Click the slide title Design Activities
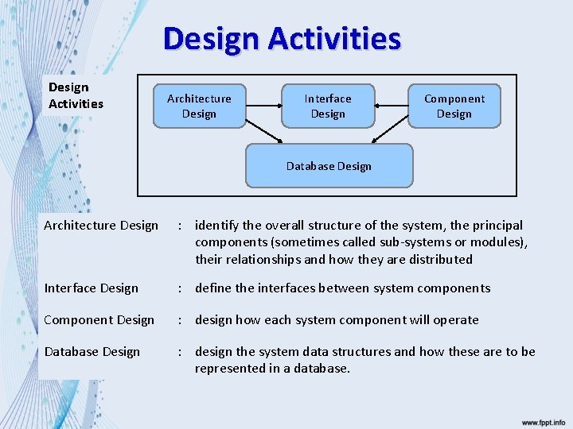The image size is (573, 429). click(x=282, y=38)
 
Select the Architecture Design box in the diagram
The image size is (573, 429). click(x=199, y=106)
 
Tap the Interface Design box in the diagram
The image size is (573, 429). click(x=328, y=106)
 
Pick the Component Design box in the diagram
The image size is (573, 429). click(x=454, y=106)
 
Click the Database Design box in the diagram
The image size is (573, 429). click(x=329, y=165)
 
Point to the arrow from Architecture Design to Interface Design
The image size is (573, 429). click(x=263, y=105)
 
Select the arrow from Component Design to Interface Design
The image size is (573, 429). click(x=392, y=105)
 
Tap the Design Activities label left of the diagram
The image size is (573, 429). click(x=76, y=95)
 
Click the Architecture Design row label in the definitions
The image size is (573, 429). click(x=101, y=226)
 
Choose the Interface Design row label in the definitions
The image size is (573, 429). click(x=92, y=288)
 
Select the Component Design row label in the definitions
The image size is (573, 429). click(x=99, y=320)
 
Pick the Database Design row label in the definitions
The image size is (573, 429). click(x=92, y=352)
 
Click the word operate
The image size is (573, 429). click(x=454, y=320)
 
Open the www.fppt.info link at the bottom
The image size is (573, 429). click(x=544, y=422)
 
